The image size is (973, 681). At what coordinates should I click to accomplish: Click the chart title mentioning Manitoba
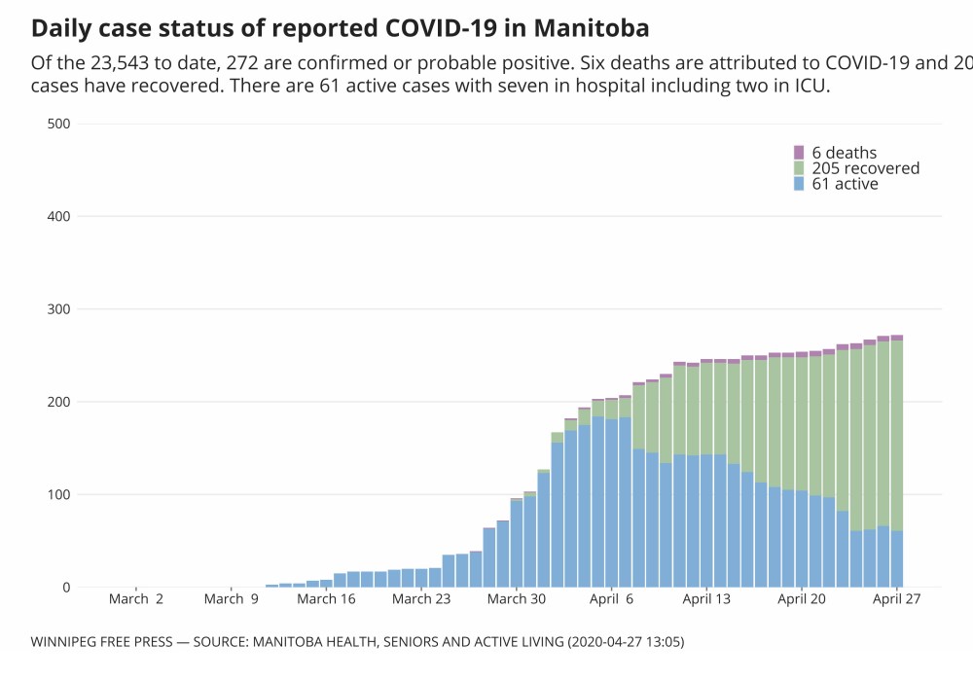click(x=341, y=26)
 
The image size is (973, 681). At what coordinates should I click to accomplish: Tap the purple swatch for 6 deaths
click(x=799, y=153)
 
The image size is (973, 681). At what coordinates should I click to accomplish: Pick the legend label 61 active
click(x=845, y=184)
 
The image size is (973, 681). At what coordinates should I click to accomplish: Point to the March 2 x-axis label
click(x=135, y=599)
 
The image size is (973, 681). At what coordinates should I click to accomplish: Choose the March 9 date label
click(x=231, y=599)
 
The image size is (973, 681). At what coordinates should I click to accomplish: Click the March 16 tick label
click(x=326, y=599)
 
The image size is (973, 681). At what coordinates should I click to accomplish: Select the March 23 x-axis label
click(x=421, y=599)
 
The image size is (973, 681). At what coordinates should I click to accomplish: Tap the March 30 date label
click(x=517, y=599)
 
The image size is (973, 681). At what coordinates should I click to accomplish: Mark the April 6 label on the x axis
click(x=612, y=599)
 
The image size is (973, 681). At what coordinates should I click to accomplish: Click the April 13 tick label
click(x=707, y=599)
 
